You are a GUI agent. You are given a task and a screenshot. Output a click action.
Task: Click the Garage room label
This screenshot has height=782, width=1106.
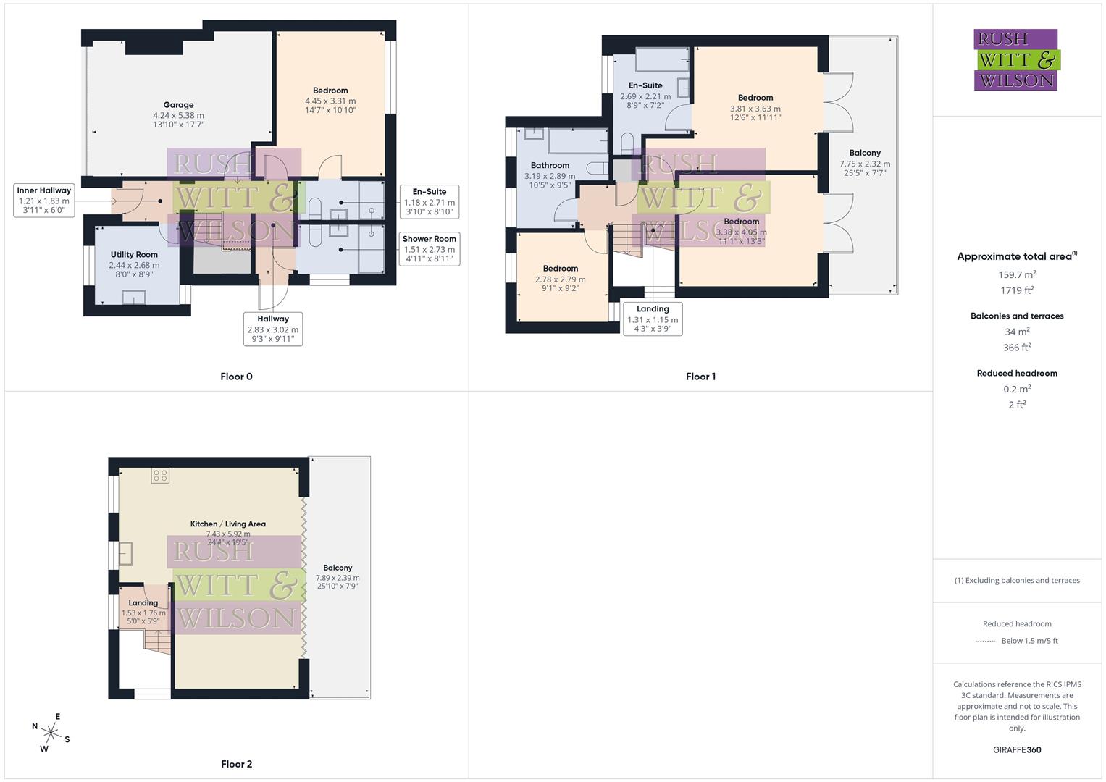pos(178,105)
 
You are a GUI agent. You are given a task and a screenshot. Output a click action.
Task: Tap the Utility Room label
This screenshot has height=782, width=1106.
pos(134,255)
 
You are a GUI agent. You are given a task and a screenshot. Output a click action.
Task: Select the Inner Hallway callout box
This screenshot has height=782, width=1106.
pos(44,200)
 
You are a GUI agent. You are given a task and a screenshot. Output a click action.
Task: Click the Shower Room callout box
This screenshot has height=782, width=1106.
pos(430,248)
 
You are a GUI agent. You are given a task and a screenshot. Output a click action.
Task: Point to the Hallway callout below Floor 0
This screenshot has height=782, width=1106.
pos(273,329)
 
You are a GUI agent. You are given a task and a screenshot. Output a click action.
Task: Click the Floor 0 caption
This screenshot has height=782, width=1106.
pos(236,377)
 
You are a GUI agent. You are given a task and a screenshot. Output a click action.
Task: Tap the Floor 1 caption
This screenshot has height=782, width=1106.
pos(700,377)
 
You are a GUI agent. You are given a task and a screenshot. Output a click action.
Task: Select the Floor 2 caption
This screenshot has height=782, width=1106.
pos(236,764)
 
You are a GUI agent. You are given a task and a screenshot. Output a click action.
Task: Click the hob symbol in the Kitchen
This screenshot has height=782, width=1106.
pos(160,476)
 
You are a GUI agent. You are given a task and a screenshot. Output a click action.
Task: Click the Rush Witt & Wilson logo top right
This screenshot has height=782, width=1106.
pos(1016,60)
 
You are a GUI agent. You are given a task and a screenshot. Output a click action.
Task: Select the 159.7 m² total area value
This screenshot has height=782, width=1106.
pos(1017,274)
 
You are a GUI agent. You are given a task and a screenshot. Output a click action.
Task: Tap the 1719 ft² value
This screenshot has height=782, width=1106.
pos(1017,290)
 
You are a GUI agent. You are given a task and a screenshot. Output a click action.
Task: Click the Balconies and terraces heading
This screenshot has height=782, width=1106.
pos(1017,316)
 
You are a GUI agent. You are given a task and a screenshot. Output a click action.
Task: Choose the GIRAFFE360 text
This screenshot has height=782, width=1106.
pos(1017,749)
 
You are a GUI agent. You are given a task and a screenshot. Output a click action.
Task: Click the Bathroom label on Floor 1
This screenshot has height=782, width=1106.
pos(550,166)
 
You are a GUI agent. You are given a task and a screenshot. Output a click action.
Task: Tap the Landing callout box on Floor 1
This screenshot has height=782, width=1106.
pos(653,319)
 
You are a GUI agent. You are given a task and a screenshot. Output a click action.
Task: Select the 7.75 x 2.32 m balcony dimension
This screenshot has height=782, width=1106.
pos(865,164)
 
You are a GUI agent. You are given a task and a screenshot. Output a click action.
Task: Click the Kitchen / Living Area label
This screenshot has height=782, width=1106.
pos(227,524)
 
